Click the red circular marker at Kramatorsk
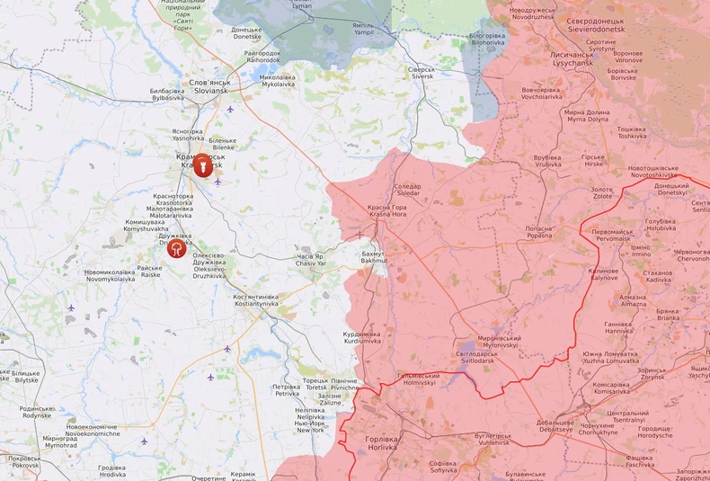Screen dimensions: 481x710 (x=204, y=165)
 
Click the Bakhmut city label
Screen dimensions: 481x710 (x=373, y=257)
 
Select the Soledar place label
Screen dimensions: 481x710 (x=407, y=190)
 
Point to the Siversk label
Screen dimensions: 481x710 (x=421, y=73)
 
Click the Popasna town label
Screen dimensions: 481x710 (x=539, y=232)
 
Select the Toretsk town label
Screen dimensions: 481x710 (x=315, y=384)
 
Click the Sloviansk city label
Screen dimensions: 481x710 (x=209, y=86)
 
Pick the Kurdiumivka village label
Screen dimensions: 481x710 (x=362, y=338)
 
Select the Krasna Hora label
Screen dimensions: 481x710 (x=387, y=211)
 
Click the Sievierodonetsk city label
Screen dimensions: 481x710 (x=589, y=23)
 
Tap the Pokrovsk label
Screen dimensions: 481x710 (x=24, y=462)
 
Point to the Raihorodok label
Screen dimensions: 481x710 (x=262, y=57)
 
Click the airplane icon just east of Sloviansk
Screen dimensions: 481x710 (x=231, y=110)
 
